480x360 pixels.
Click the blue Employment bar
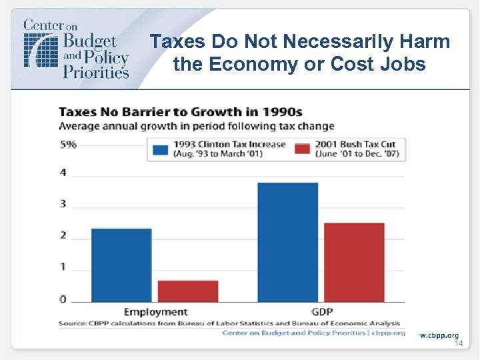tap(121, 265)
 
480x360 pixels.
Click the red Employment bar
tap(188, 291)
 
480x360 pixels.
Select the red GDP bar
tap(354, 262)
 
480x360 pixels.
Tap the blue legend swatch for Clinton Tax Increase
tap(161, 149)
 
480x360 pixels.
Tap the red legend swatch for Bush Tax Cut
tap(303, 149)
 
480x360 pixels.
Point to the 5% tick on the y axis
tap(67, 144)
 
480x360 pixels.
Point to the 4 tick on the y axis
tap(63, 173)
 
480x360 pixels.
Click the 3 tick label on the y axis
tap(63, 203)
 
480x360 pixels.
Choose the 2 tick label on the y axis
tap(63, 235)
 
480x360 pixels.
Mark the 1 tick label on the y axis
tap(63, 267)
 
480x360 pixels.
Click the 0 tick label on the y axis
tap(63, 299)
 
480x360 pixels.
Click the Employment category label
tap(156, 312)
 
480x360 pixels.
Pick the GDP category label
tap(321, 312)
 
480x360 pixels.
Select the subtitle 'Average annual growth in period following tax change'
tap(196, 126)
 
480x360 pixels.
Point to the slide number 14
tap(458, 343)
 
